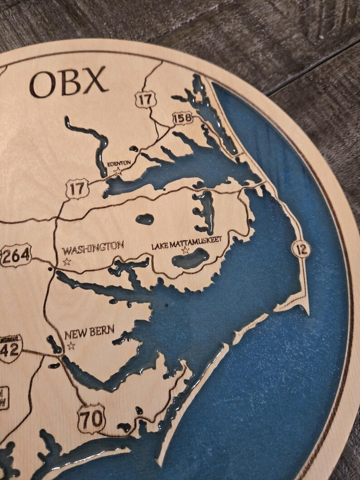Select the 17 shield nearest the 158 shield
(x=146, y=99)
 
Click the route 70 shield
(x=92, y=418)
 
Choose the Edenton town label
(x=119, y=163)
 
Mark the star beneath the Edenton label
(x=118, y=171)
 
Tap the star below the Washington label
(x=68, y=261)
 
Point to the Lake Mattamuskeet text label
(x=187, y=241)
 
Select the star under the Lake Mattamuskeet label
(x=185, y=250)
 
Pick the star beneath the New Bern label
(x=71, y=346)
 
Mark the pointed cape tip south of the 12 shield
(x=308, y=315)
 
